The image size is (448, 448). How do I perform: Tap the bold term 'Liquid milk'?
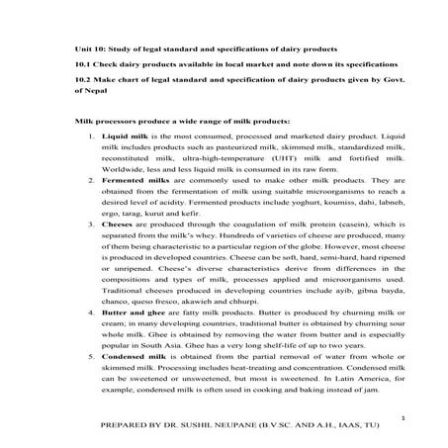[x=123, y=133]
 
